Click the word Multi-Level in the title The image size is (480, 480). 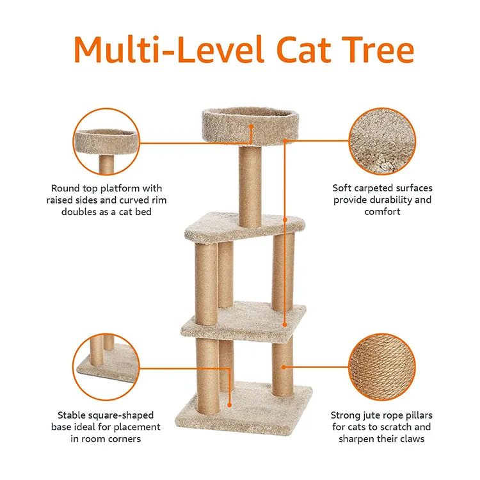coord(169,49)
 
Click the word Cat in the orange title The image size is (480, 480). coord(303,49)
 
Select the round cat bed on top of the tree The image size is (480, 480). coord(250,125)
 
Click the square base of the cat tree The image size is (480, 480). coord(244,407)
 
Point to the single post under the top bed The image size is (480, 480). coord(250,186)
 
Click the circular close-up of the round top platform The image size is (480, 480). coord(106,141)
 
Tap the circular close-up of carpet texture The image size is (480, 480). coord(382,141)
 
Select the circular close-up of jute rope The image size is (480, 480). coord(382,367)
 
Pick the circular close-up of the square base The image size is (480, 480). coord(106,367)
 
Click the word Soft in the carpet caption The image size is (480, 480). coord(342,188)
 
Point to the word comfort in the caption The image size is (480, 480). coord(382,212)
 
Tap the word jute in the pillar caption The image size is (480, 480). coord(372,415)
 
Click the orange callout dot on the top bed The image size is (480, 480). coord(251,126)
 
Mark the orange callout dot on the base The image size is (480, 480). coord(229,405)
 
